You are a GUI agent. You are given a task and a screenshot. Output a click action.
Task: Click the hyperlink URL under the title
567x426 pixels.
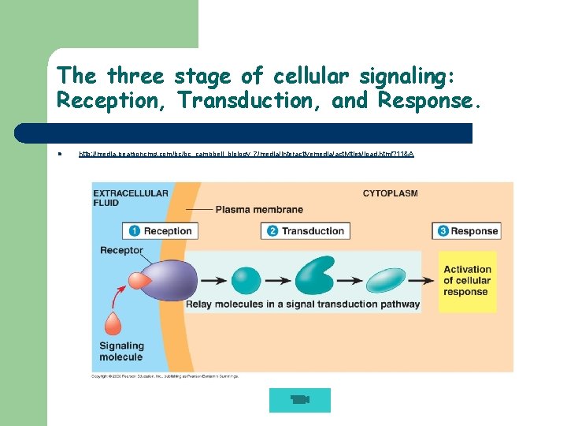tap(246, 154)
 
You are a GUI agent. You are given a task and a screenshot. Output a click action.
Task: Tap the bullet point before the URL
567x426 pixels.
tap(59, 154)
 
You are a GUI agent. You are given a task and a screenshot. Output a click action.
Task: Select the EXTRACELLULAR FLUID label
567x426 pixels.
tap(119, 197)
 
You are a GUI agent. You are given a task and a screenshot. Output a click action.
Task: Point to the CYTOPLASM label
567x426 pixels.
tap(390, 193)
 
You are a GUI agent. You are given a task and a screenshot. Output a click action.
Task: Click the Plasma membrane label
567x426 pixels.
tap(258, 210)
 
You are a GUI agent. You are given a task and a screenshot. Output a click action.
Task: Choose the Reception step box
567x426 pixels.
tap(160, 231)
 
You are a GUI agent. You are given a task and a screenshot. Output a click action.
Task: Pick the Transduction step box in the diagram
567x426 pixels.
tap(305, 231)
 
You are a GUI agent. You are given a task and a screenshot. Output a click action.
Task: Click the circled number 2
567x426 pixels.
tap(272, 231)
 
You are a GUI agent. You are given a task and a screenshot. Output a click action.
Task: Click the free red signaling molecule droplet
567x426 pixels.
tap(113, 324)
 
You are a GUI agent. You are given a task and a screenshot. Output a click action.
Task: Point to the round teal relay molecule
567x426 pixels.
tap(247, 281)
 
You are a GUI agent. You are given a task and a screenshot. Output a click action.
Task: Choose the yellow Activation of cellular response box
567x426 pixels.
tap(466, 281)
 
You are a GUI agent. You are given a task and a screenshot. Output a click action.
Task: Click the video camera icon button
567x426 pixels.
tap(299, 400)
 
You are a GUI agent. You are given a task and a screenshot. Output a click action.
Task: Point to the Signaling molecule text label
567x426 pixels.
tap(121, 351)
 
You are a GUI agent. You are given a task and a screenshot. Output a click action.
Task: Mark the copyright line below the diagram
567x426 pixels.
tap(165, 376)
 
